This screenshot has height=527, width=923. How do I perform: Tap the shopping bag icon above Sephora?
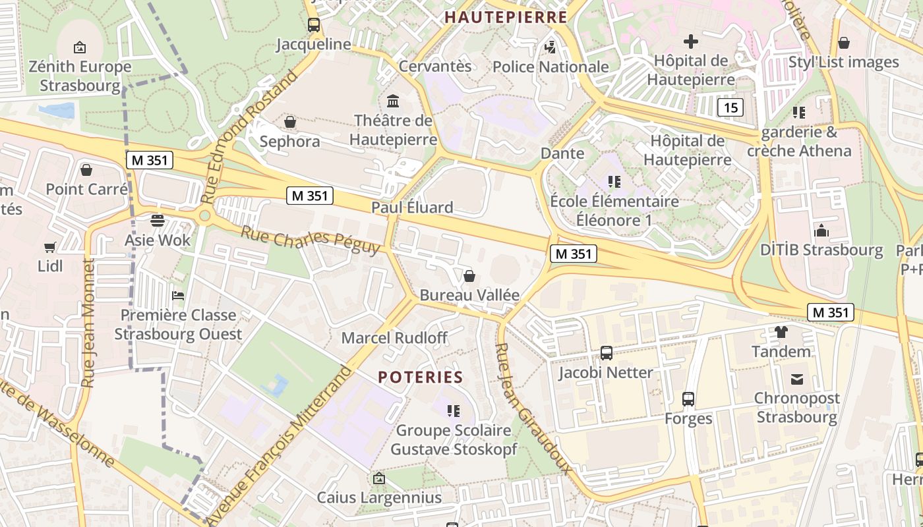(x=289, y=122)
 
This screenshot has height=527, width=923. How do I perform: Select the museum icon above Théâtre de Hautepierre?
(x=394, y=101)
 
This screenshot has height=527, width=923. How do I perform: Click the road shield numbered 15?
(x=730, y=107)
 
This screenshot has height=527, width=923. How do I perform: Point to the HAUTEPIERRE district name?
(x=506, y=17)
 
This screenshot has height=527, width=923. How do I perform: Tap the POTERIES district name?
(x=421, y=377)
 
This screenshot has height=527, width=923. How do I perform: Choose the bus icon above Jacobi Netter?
(x=606, y=353)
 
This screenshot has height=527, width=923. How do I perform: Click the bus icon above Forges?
(x=688, y=399)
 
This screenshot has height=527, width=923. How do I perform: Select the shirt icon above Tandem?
(x=781, y=332)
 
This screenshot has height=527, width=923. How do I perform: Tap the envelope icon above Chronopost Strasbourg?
(x=797, y=379)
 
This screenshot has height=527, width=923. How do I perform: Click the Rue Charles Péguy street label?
(x=310, y=240)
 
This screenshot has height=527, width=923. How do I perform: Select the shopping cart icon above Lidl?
(x=50, y=247)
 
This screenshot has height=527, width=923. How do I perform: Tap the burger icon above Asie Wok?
(x=158, y=220)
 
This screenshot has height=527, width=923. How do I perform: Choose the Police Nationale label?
(x=551, y=67)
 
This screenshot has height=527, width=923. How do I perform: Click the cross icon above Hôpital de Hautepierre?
(x=690, y=42)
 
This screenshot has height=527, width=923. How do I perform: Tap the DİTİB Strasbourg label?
(x=821, y=250)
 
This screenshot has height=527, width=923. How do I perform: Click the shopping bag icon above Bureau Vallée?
(x=469, y=275)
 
